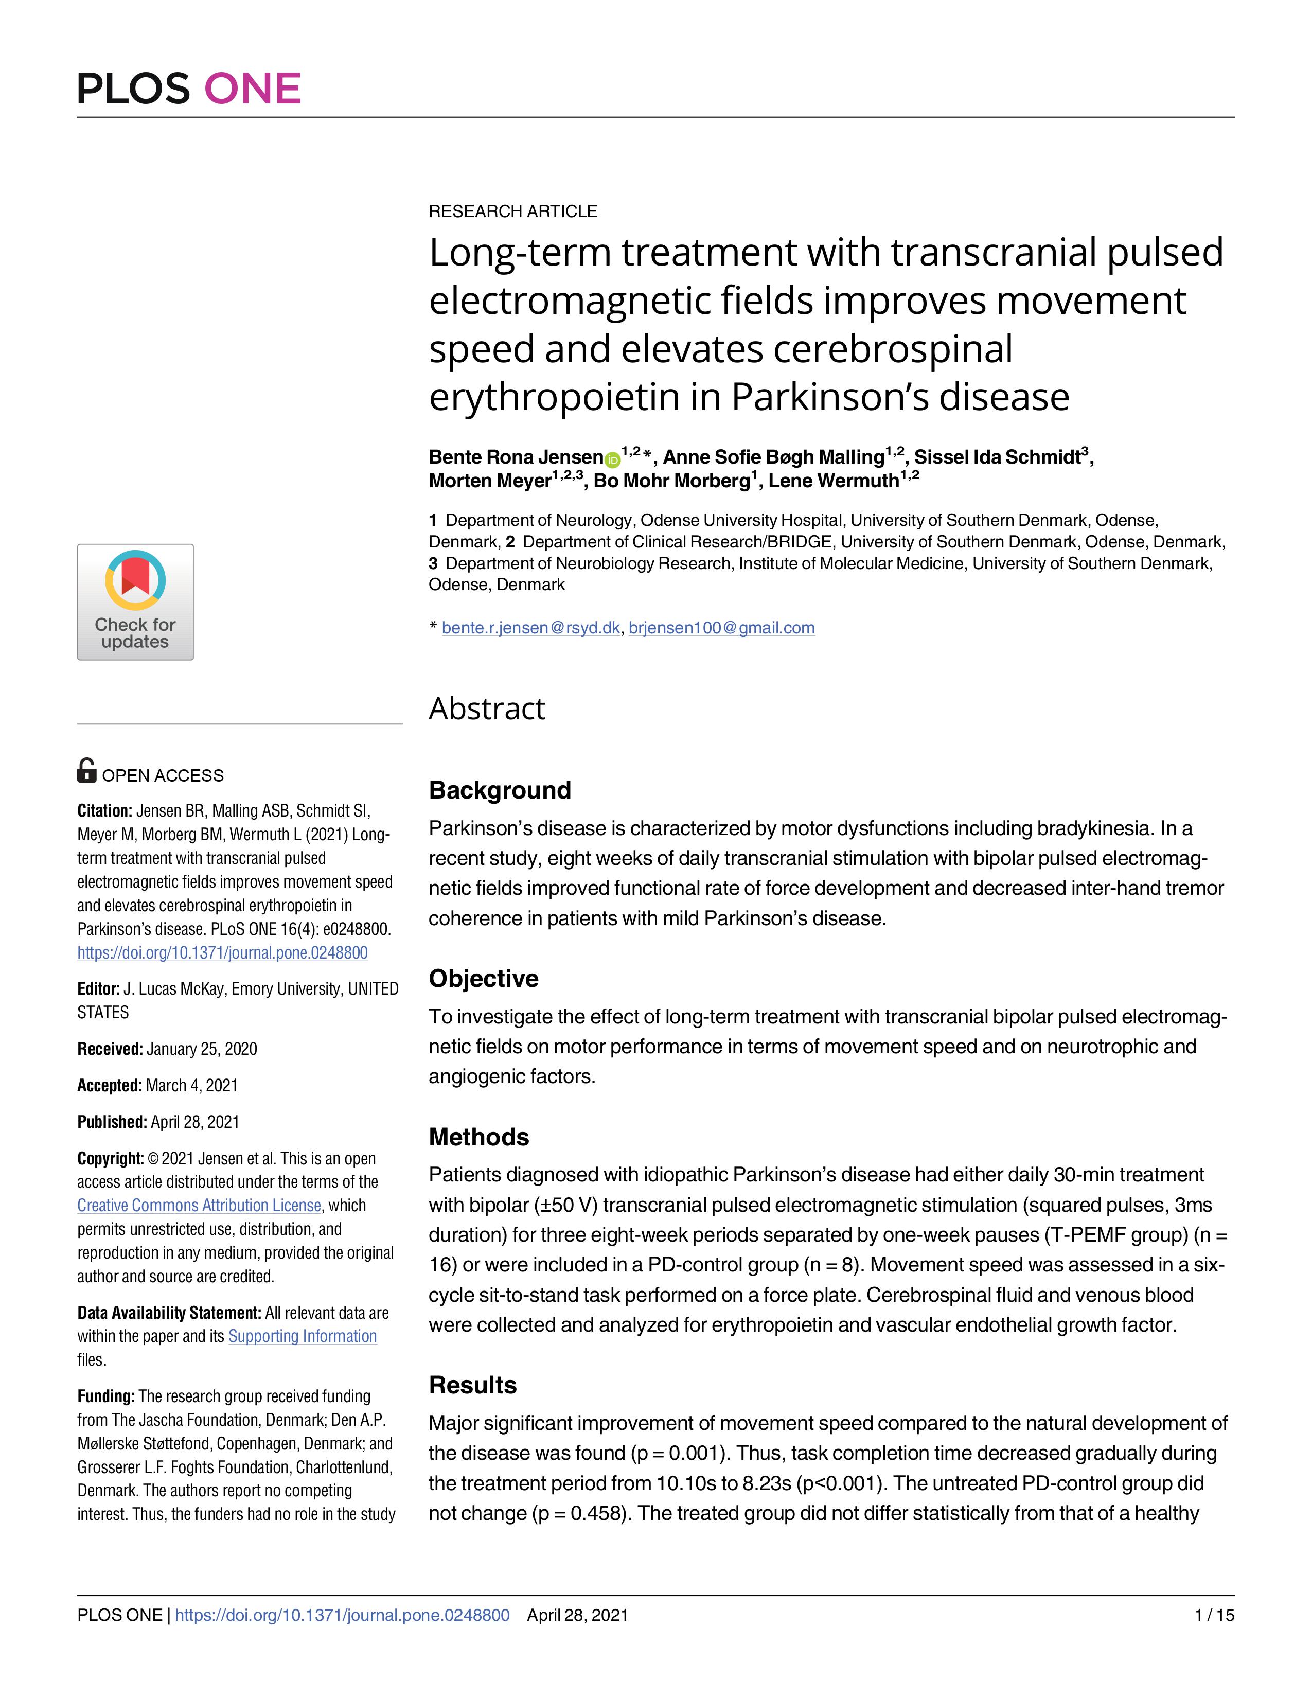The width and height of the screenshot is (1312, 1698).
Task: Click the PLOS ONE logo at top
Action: pyautogui.click(x=189, y=88)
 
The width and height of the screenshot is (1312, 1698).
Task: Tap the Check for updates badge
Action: pyautogui.click(x=135, y=602)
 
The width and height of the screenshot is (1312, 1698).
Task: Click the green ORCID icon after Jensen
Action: pyautogui.click(x=612, y=459)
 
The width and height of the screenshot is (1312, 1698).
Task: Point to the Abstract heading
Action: pyautogui.click(x=487, y=709)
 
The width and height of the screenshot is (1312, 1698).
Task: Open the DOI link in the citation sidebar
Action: pyautogui.click(x=222, y=952)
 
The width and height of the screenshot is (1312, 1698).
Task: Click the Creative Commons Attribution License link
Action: pyautogui.click(x=199, y=1205)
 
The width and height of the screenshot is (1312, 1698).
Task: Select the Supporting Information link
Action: pyautogui.click(x=303, y=1336)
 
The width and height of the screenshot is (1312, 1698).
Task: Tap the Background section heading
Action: pyautogui.click(x=500, y=790)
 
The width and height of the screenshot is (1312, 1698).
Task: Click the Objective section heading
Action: pyautogui.click(x=484, y=978)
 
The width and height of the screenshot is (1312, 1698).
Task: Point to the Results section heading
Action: pyautogui.click(x=472, y=1385)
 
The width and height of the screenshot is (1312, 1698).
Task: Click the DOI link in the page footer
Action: pyautogui.click(x=342, y=1615)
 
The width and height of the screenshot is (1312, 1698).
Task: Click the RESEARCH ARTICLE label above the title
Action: pyautogui.click(x=513, y=211)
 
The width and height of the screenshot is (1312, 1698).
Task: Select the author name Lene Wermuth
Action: pyautogui.click(x=833, y=481)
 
